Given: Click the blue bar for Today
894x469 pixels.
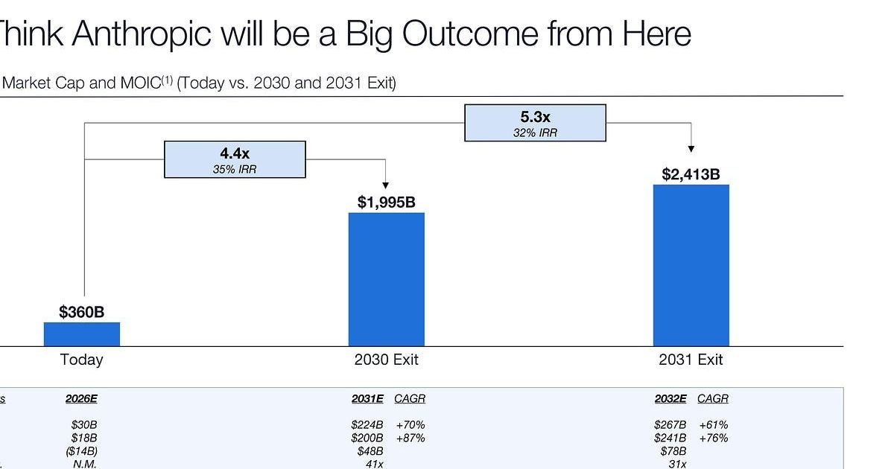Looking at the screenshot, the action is [x=82, y=334].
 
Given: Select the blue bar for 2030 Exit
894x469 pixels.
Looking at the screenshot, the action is [x=387, y=279].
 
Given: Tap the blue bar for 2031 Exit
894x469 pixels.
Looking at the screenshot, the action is [x=691, y=265].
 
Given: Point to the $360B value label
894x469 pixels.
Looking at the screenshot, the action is [x=81, y=312].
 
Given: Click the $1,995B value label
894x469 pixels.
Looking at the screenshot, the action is [x=387, y=202].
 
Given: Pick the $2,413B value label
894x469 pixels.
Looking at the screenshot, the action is [x=691, y=174].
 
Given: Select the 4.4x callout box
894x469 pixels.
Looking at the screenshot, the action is [x=235, y=159].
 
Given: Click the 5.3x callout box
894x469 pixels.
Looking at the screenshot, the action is [x=535, y=123].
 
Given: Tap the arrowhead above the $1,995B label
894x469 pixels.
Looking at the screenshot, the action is [x=386, y=185].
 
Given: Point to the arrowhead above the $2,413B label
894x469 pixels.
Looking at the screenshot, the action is [x=691, y=149].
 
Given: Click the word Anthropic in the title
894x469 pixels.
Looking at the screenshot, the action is [x=142, y=34].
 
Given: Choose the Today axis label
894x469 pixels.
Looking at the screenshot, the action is [x=82, y=360].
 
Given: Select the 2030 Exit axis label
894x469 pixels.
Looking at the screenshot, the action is [x=387, y=360].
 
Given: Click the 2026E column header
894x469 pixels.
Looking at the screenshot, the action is [x=81, y=399].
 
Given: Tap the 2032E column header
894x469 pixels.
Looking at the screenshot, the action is [x=670, y=399].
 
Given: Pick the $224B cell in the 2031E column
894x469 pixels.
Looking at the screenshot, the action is [x=367, y=425].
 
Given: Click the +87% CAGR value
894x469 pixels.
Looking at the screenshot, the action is [x=410, y=438].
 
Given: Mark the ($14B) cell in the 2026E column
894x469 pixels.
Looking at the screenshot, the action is [x=81, y=451].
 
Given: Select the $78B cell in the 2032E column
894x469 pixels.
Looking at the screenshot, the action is [x=673, y=451].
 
